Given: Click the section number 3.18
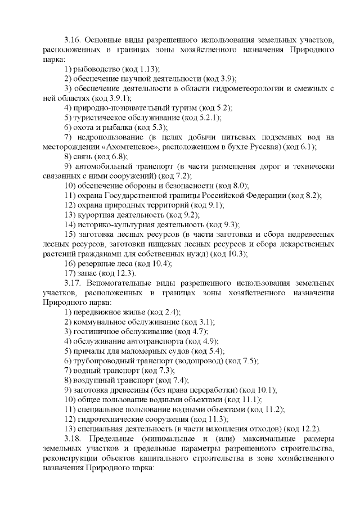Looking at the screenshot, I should (73, 438).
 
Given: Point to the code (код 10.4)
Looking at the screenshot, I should (153, 263).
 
